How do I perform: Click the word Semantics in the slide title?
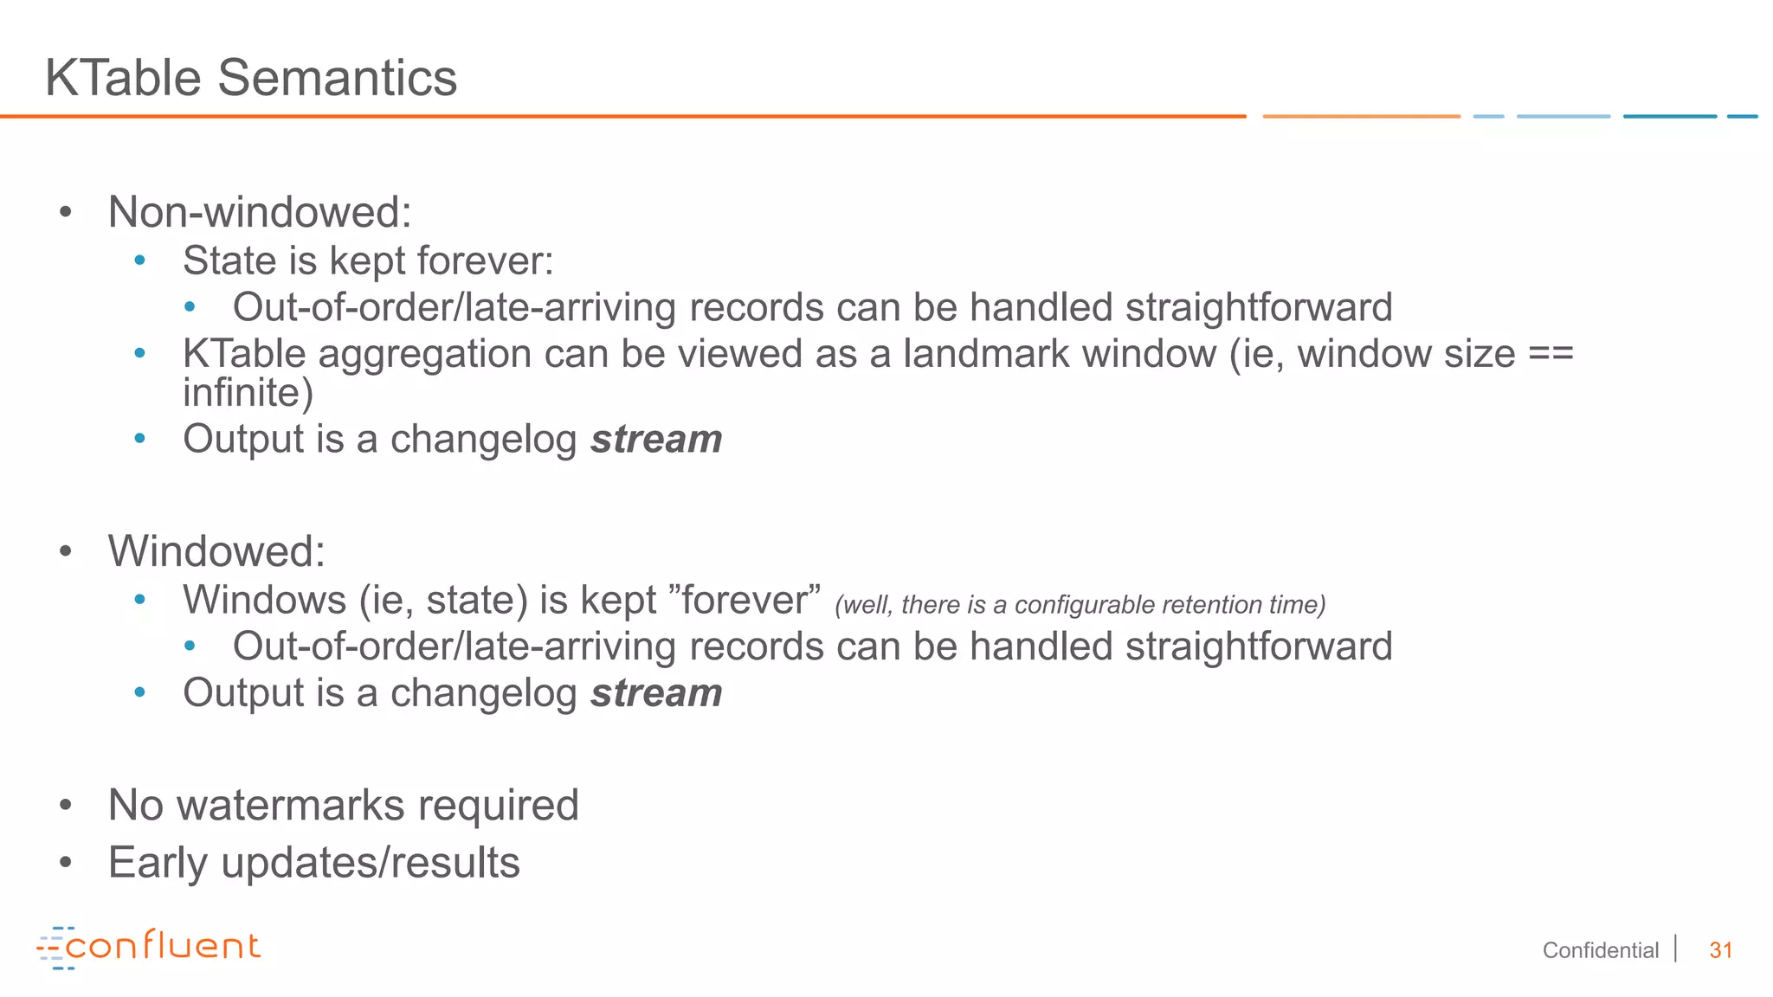point(337,78)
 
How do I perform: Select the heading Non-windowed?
point(260,212)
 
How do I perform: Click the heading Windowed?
point(216,551)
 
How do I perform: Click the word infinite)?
point(248,393)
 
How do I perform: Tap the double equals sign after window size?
point(1551,354)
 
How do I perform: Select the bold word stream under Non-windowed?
point(656,440)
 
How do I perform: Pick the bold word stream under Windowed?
point(656,693)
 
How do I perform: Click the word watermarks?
point(291,805)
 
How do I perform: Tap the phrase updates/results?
point(371,863)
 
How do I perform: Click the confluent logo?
point(148,947)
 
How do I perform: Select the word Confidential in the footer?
point(1600,950)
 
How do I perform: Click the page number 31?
point(1720,950)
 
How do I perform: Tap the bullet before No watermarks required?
point(66,806)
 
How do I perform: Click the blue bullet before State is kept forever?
point(140,261)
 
